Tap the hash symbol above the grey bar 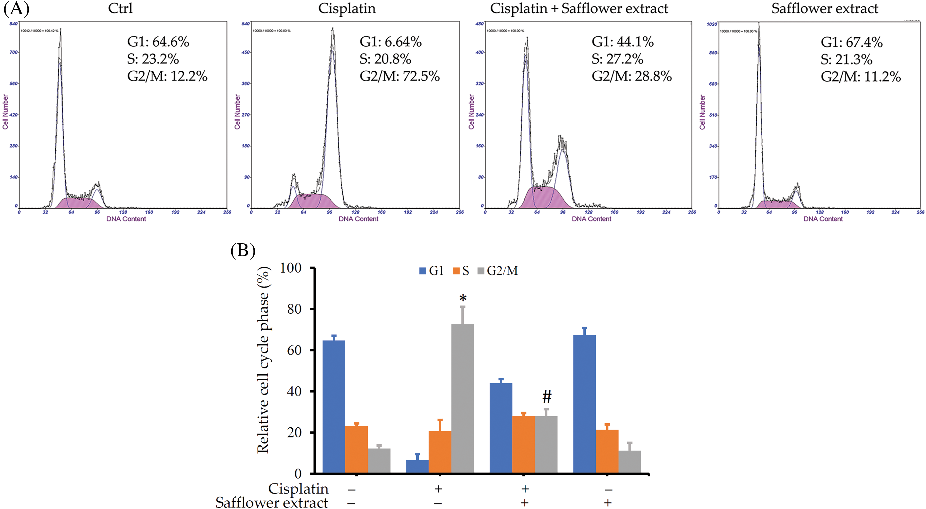547,397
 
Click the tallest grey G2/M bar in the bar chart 463,398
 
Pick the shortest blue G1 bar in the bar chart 417,466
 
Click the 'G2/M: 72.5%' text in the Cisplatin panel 399,76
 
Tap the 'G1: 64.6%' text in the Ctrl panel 158,42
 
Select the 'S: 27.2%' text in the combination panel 617,59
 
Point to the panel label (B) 243,250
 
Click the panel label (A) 16,8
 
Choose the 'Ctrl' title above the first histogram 120,8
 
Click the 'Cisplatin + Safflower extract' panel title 579,8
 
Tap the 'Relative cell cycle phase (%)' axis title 263,360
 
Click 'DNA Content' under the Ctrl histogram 126,219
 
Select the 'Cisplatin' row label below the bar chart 298,489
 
